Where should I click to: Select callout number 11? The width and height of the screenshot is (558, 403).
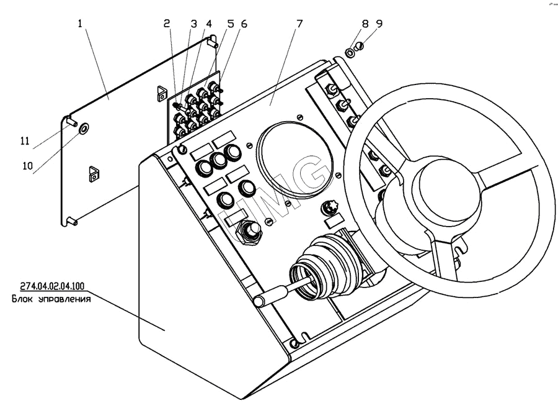25,141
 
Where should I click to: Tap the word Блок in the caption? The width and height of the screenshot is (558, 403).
23,299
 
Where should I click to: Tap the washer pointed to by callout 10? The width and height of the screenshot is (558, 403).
84,130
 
